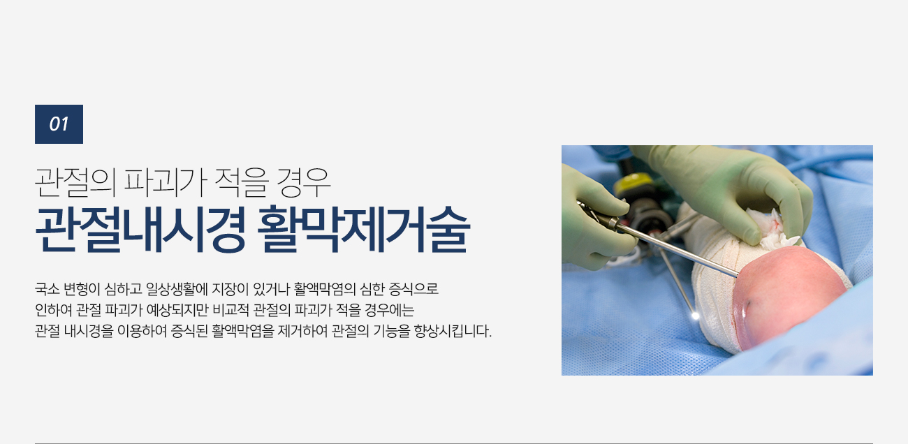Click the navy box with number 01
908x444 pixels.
59,124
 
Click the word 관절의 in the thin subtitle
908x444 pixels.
75,182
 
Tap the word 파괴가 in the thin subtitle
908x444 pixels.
166,182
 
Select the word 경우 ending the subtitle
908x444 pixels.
303,182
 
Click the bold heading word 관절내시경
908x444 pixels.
140,230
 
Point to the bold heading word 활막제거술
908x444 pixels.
364,230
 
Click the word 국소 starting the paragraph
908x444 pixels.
47,289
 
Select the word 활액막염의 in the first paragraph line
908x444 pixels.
325,289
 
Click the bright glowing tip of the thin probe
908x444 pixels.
696,316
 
